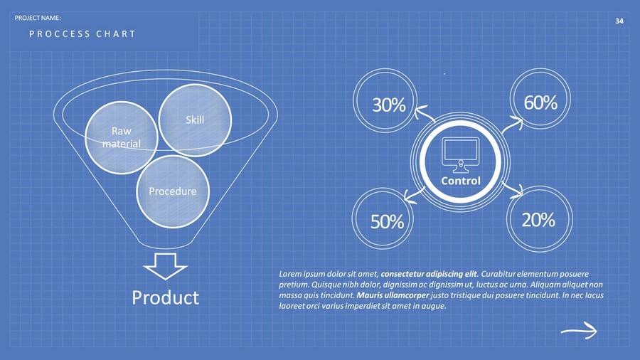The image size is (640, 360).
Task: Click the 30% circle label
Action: click(389, 105)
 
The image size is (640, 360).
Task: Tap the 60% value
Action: click(540, 102)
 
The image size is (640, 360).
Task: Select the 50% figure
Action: click(387, 222)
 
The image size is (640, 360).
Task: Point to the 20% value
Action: click(538, 220)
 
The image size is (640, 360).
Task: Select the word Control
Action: click(461, 181)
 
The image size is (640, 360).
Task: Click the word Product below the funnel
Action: click(166, 297)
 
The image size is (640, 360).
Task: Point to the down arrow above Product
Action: click(165, 266)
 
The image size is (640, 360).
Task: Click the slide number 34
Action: click(619, 21)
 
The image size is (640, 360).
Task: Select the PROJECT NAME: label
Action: click(43, 16)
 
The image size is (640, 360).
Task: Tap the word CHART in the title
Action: click(115, 34)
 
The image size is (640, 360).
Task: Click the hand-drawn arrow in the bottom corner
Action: click(578, 329)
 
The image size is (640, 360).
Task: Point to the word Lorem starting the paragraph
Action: click(291, 273)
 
